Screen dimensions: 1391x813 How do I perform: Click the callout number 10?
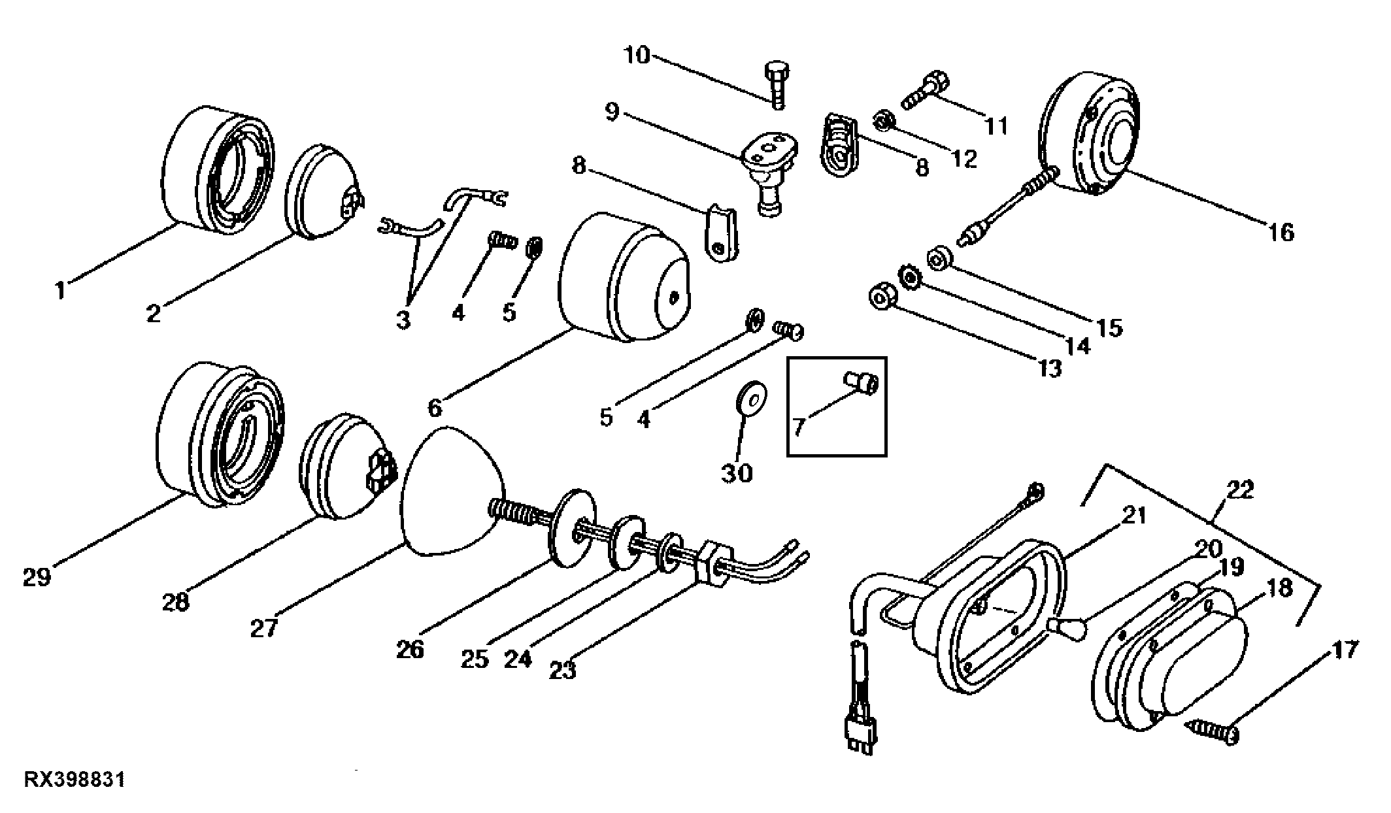click(637, 56)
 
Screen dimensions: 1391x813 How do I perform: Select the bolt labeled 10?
click(777, 86)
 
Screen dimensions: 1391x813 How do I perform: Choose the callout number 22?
click(1240, 489)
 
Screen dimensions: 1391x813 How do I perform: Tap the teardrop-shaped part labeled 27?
click(454, 491)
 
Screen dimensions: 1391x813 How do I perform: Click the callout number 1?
click(60, 290)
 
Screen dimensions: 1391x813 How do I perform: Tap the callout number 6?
click(435, 408)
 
